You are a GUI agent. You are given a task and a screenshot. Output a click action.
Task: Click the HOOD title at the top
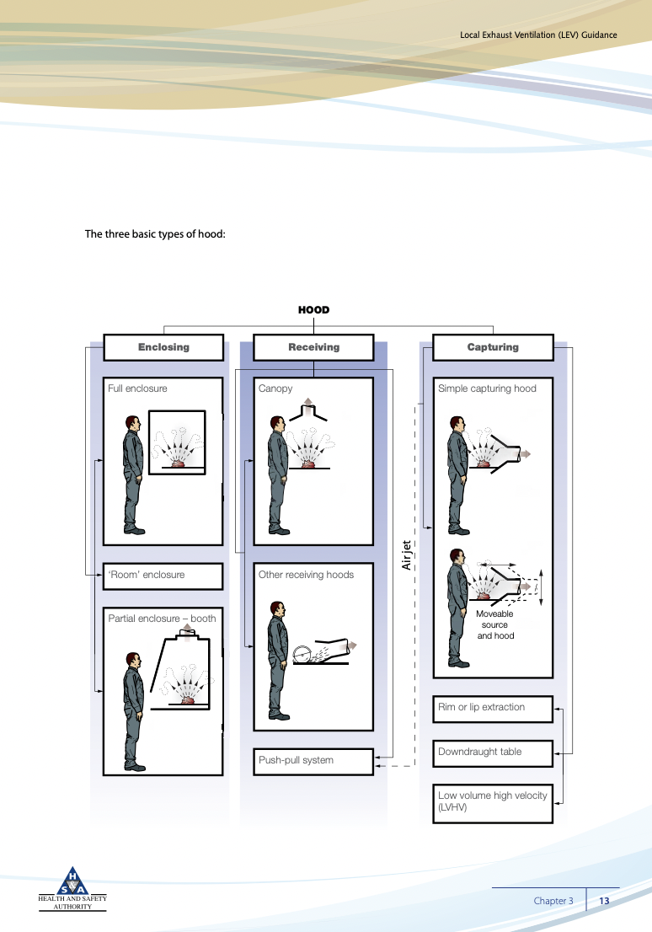pos(313,310)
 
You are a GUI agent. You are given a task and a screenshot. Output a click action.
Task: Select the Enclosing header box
pos(163,347)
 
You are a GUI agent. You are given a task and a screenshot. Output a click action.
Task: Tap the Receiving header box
pos(313,347)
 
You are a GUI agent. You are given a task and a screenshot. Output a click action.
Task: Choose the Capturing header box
pos(493,347)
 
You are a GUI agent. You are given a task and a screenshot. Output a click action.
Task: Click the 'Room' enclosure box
pos(163,576)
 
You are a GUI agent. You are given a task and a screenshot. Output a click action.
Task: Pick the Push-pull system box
pos(313,761)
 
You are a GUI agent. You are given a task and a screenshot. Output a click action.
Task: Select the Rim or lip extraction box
pos(493,708)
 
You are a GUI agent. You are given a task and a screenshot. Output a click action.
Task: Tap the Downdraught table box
pos(493,753)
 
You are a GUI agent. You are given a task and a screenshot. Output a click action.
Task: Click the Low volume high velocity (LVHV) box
pos(493,801)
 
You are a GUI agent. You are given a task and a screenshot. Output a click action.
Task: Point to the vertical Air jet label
pos(406,554)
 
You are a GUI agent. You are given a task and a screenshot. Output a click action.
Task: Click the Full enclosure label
pos(137,388)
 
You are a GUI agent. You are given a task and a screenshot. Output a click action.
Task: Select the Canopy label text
pos(275,388)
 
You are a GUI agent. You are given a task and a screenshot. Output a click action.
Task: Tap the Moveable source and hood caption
pos(494,624)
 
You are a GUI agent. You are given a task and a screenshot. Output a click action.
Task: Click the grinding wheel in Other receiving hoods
pos(301,653)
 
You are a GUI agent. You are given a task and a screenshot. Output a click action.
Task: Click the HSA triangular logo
pos(72,882)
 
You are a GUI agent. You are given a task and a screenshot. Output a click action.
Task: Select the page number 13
pos(604,901)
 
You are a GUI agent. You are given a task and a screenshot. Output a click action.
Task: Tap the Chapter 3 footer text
pos(553,901)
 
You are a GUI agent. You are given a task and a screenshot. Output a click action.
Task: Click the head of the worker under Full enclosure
pos(131,423)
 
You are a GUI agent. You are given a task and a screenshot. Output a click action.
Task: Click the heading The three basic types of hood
pos(155,233)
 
